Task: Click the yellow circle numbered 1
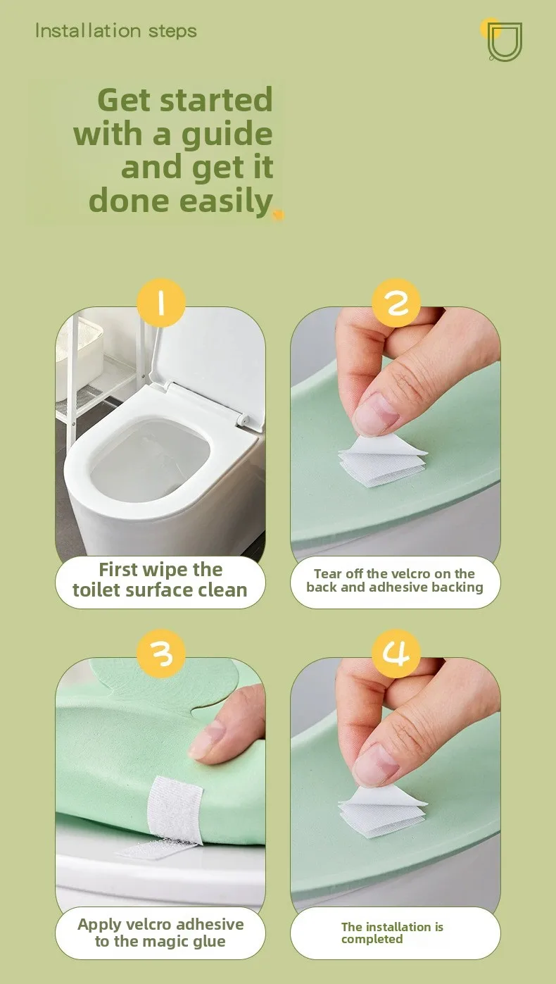tap(161, 302)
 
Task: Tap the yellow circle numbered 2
tap(396, 302)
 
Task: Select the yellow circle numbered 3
tap(161, 653)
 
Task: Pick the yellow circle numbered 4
tap(396, 653)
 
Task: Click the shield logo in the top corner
tap(504, 42)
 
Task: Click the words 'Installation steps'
tap(116, 31)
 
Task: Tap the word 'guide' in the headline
tap(227, 135)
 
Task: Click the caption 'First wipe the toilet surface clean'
tap(160, 580)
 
